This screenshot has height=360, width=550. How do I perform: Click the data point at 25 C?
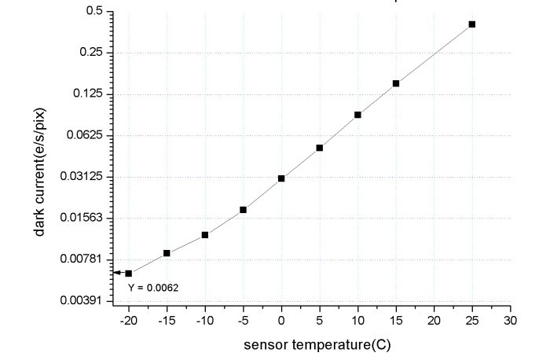point(472,24)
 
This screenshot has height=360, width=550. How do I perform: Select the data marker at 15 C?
point(396,83)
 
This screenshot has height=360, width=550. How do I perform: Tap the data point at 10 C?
point(357,115)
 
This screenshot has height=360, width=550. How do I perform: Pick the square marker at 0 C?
point(281,178)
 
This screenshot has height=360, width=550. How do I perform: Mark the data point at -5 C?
point(243,210)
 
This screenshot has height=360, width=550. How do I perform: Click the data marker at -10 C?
point(204,235)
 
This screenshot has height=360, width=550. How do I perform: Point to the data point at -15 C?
point(167,253)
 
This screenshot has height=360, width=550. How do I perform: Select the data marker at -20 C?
point(128,273)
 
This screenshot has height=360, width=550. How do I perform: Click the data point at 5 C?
point(320,148)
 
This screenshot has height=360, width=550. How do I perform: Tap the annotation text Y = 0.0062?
point(153,288)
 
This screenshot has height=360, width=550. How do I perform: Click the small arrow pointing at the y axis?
point(117,273)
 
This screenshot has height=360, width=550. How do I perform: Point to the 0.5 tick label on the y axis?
point(95,12)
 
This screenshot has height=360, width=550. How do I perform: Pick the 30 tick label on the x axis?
point(510,322)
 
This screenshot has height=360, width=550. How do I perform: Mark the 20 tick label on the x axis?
point(434,322)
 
